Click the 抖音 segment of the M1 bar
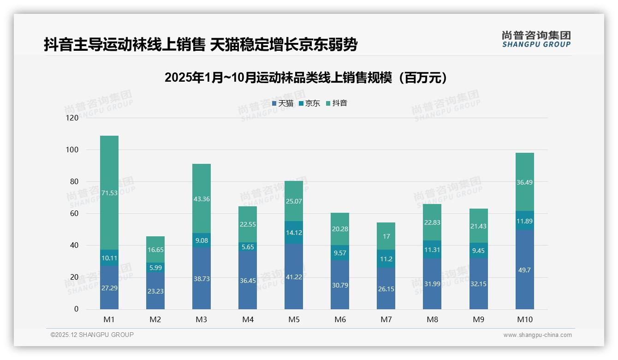[109, 192]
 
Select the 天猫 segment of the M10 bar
[524, 270]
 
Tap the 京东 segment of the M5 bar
[294, 232]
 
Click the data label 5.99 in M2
[155, 267]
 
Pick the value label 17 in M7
[386, 236]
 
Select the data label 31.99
[432, 283]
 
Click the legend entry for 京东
[309, 103]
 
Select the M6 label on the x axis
[340, 319]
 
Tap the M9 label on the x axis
[478, 319]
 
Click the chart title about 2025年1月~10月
[306, 78]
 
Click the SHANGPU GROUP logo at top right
[536, 39]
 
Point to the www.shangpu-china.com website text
[537, 335]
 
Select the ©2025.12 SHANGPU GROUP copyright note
[92, 335]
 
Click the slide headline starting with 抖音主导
[201, 45]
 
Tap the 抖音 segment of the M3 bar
[202, 198]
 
